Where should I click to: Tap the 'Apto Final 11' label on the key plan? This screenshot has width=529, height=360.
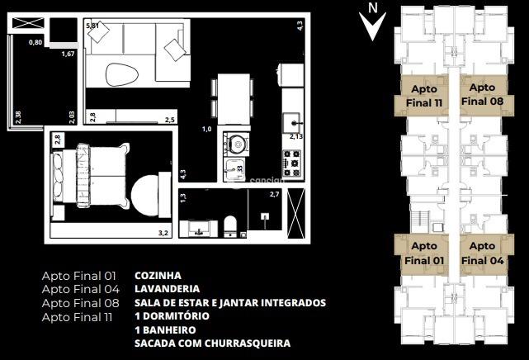(424, 94)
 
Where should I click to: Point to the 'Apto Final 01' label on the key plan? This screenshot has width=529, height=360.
(424, 253)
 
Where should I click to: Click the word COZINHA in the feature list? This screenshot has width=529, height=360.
(158, 275)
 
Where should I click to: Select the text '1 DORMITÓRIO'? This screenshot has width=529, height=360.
(172, 316)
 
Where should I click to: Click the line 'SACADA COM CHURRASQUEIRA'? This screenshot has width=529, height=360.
(212, 343)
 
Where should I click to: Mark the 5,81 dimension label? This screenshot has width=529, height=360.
(93, 26)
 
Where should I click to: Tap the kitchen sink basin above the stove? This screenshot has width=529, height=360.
(293, 123)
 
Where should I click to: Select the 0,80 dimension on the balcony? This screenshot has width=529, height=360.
(35, 42)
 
